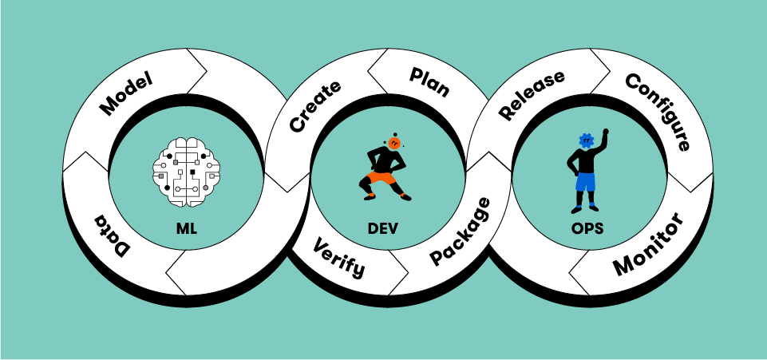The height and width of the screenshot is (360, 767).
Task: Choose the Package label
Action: pos(461,231)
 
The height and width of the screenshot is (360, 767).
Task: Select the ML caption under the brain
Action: pos(186,228)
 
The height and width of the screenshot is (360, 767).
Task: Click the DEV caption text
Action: pos(383,228)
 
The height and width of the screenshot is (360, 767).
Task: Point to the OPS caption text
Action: pos(587,228)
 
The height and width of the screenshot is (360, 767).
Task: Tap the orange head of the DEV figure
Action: pos(395,141)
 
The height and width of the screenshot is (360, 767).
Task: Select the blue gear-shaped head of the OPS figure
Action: pos(588,141)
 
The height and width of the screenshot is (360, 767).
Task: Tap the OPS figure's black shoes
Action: pos(585,211)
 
